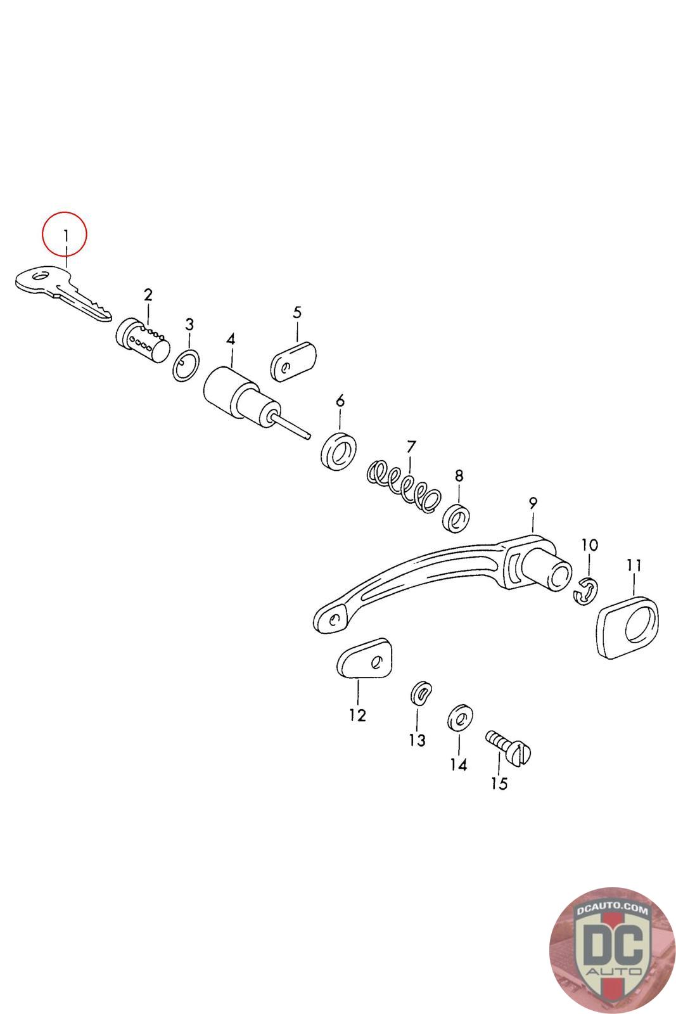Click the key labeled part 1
(x=60, y=292)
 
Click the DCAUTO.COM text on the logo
(x=612, y=909)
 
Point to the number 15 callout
(x=499, y=783)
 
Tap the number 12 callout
(x=357, y=716)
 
